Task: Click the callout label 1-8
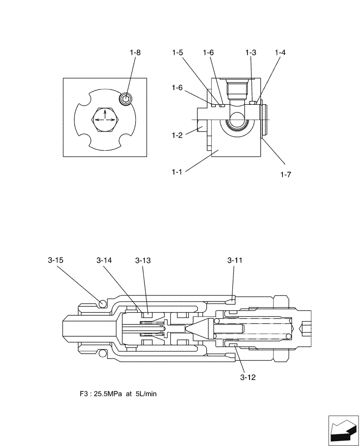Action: coord(135,53)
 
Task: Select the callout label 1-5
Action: coord(177,53)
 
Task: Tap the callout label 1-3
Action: coord(251,53)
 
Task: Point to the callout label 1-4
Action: coord(280,53)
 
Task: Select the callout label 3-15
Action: coord(55,260)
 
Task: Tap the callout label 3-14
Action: coord(104,260)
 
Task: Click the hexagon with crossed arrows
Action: coord(105,119)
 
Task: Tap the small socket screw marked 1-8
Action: coord(126,99)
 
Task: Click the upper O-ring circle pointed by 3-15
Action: coord(102,303)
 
